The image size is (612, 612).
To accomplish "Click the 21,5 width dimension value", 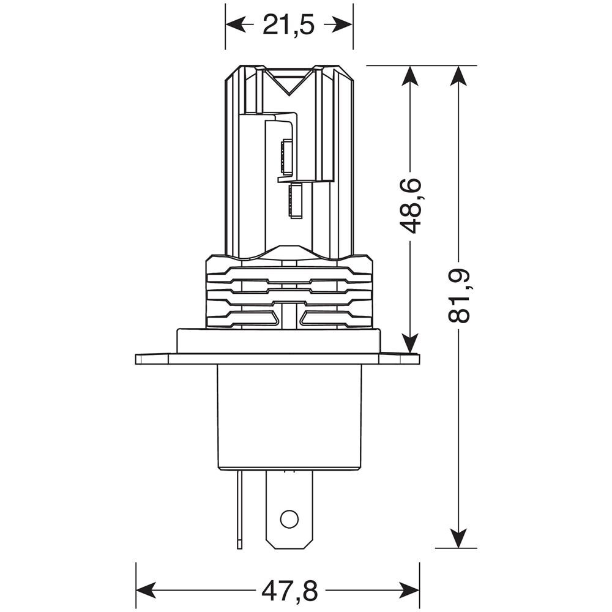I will click(288, 25).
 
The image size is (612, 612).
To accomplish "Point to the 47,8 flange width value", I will click(289, 591).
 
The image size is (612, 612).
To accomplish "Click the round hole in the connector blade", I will click(288, 519).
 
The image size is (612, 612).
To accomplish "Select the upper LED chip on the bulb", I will click(286, 157).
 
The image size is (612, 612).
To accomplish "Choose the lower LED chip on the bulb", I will click(296, 201).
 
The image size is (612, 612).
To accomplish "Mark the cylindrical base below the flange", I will click(289, 416).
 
